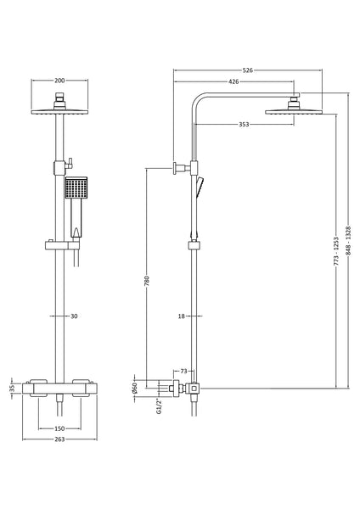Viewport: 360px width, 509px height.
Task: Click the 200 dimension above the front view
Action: point(59,81)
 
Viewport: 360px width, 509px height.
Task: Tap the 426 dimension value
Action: point(233,82)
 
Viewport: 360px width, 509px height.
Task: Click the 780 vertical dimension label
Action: point(147,280)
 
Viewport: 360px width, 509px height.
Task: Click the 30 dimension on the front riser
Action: point(74,316)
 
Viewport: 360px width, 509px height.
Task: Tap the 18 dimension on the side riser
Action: point(181,316)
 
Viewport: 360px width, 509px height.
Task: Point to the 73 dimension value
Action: point(185,371)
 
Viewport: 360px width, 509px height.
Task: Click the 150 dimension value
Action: point(60,428)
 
